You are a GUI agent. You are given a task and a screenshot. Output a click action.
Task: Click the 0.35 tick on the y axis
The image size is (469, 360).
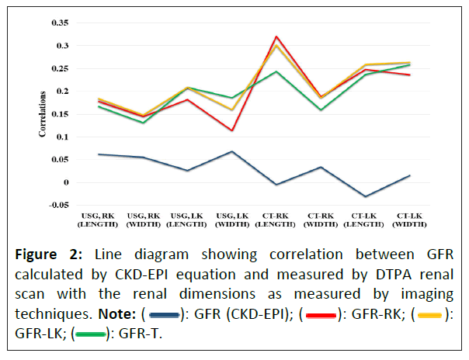coord(61,22)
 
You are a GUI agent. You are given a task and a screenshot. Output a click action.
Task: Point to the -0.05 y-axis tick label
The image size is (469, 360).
coord(58,205)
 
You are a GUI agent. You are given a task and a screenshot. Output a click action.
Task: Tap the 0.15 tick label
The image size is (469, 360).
coord(61,114)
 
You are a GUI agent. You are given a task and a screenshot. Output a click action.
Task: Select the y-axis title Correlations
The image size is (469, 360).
coord(43,115)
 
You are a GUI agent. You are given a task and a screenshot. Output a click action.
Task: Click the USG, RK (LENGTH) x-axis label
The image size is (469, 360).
coord(99,220)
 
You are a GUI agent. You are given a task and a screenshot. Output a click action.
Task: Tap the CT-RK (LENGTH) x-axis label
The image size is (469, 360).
coord(276,220)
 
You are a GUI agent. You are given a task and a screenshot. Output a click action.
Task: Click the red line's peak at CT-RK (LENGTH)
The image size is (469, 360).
coord(276,36)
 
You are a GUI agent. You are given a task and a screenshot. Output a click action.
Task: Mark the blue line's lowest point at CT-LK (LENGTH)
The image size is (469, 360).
coord(366,197)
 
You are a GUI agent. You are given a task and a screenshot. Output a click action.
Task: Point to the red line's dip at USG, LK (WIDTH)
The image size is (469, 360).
coord(232,130)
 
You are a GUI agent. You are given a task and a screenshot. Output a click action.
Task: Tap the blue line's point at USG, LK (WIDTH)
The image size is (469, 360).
coord(232,151)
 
